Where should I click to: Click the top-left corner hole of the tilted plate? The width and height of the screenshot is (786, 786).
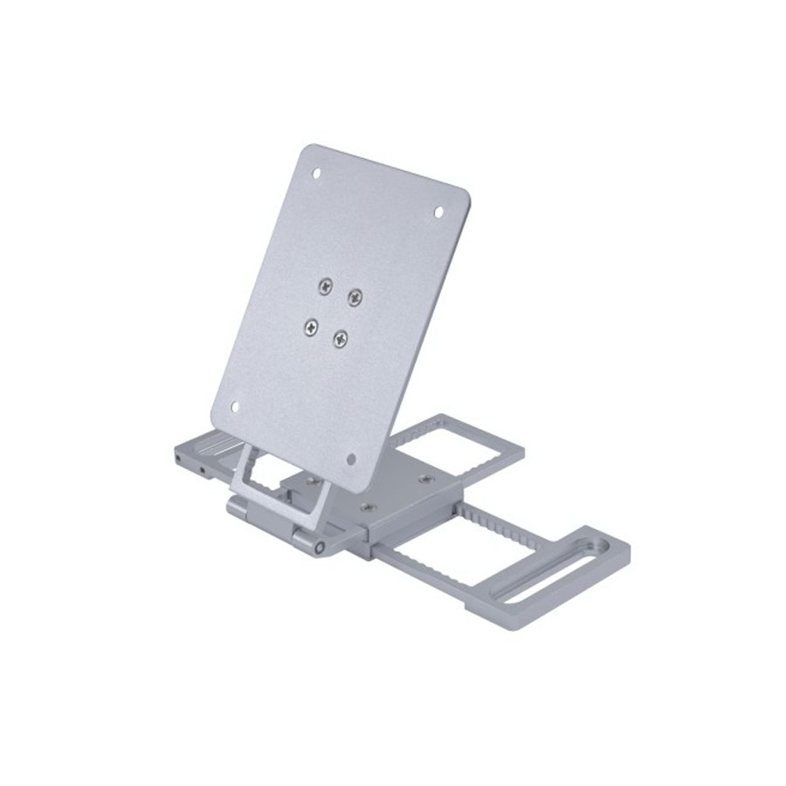317,173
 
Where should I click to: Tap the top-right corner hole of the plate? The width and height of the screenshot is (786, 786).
438,211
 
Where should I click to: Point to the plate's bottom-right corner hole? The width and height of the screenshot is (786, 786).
351,458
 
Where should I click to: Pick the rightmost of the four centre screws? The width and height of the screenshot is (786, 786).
355,298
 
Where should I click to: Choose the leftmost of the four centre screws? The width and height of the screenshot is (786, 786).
310,327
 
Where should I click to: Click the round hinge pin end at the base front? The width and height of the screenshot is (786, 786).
321,548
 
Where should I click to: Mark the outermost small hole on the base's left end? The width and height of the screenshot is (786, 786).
178,458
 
